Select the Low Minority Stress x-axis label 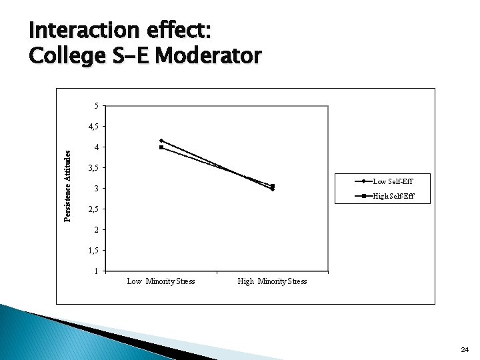click(x=161, y=281)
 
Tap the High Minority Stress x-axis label click(x=272, y=281)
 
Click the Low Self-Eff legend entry click(x=393, y=181)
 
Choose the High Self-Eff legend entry click(x=393, y=196)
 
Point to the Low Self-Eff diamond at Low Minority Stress click(x=161, y=141)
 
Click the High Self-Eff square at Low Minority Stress click(x=161, y=147)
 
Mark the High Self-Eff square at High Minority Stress click(x=273, y=186)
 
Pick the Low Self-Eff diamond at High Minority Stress click(x=273, y=190)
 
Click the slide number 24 click(x=465, y=349)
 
